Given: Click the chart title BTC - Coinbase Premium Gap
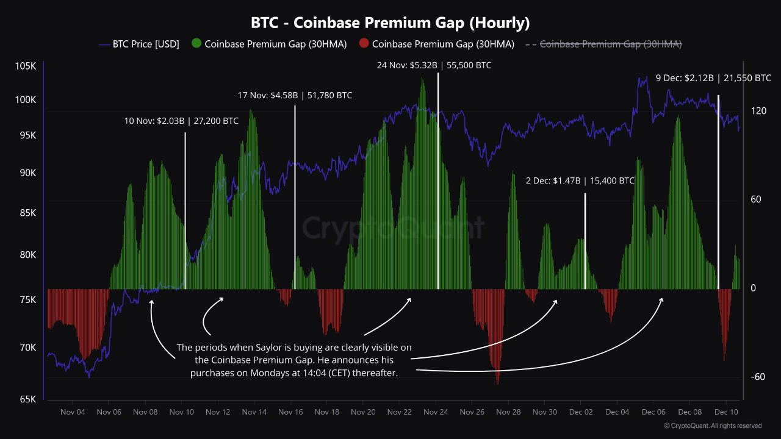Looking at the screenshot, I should click(x=390, y=23).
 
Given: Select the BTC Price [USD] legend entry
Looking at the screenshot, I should click(x=139, y=44).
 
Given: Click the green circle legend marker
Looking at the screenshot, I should click(x=196, y=44).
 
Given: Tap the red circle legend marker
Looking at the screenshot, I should click(x=364, y=44).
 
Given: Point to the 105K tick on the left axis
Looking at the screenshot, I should click(x=26, y=66).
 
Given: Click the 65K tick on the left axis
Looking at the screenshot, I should click(x=27, y=399).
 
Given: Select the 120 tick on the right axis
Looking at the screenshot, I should click(x=758, y=111).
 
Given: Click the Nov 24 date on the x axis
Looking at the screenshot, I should click(x=436, y=412).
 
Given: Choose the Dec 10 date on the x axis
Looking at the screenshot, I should click(x=726, y=412).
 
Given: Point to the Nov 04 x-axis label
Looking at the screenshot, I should click(x=72, y=412).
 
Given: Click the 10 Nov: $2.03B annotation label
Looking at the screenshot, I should click(x=181, y=121).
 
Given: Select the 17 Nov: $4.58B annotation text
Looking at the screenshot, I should click(x=295, y=96).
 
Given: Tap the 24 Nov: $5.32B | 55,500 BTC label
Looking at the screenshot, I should click(x=434, y=66).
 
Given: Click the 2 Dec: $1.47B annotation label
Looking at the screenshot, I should click(x=580, y=181).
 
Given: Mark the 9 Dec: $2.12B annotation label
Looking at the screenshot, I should click(x=713, y=78).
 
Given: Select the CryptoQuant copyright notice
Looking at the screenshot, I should click(x=713, y=426).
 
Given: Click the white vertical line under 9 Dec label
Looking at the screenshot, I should click(x=718, y=183).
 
